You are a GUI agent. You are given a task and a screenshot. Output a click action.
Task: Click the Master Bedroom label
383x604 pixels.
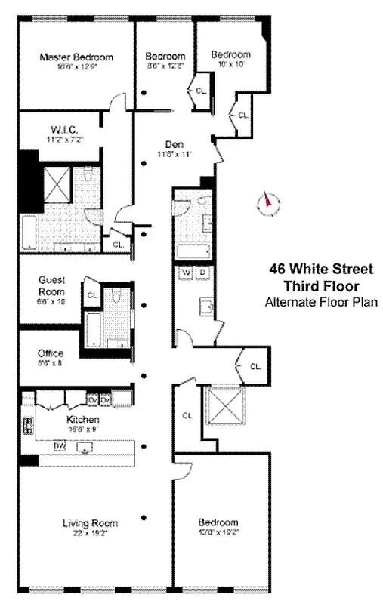(76, 57)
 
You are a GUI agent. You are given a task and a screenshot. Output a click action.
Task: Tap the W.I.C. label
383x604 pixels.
(64, 128)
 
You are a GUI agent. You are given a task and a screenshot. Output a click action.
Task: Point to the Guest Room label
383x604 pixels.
(51, 285)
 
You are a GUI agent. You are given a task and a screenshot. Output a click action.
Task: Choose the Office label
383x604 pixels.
(51, 353)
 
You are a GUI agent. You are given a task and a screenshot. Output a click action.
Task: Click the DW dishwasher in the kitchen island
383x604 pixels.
(60, 445)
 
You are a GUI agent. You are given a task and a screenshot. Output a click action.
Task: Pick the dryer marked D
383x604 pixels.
(202, 272)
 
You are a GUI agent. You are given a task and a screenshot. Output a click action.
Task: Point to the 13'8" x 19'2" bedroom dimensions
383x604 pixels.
(218, 532)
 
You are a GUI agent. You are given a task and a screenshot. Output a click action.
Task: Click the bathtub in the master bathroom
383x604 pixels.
(27, 233)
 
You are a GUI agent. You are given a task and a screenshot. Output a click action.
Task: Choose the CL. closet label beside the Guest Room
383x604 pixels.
(91, 295)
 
